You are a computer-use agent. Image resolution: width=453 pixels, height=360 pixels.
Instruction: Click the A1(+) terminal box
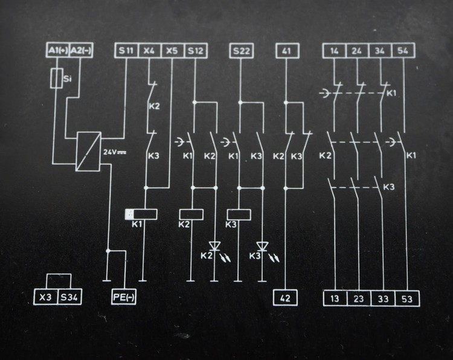tap(58, 51)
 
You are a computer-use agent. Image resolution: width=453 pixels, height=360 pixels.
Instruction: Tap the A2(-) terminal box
tap(81, 51)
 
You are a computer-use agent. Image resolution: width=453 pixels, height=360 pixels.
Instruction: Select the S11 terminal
tap(126, 51)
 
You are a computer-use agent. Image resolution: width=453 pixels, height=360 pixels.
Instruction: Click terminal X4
tap(150, 51)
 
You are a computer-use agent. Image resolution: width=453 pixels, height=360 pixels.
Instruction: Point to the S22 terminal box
tap(242, 51)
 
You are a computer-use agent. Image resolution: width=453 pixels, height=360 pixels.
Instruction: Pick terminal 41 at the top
tap(287, 51)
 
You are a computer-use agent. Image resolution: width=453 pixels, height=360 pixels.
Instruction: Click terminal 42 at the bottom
tap(286, 298)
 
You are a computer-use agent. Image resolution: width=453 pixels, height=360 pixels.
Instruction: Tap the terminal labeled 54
tap(403, 51)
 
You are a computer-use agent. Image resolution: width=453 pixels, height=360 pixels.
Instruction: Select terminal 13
tap(335, 298)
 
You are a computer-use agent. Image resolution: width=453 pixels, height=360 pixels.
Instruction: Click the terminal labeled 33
tap(383, 298)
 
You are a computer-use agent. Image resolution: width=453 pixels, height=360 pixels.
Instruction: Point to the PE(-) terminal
tap(124, 297)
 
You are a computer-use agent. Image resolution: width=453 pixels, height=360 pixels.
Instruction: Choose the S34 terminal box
tap(69, 297)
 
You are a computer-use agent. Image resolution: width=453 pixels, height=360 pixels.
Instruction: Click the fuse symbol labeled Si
tap(57, 78)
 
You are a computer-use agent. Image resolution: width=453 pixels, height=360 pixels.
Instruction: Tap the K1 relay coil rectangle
tap(146, 214)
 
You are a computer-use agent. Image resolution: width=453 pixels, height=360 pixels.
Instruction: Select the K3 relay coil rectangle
tap(239, 214)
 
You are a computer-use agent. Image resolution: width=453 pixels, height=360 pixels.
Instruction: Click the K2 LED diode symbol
tap(214, 246)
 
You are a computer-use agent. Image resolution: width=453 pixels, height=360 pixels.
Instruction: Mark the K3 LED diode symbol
tap(262, 246)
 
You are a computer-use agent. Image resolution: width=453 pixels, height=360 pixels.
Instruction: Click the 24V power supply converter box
tap(88, 152)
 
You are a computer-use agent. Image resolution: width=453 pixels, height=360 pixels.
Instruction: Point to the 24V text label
tap(115, 152)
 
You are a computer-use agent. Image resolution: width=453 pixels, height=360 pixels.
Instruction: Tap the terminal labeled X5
tap(173, 51)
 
